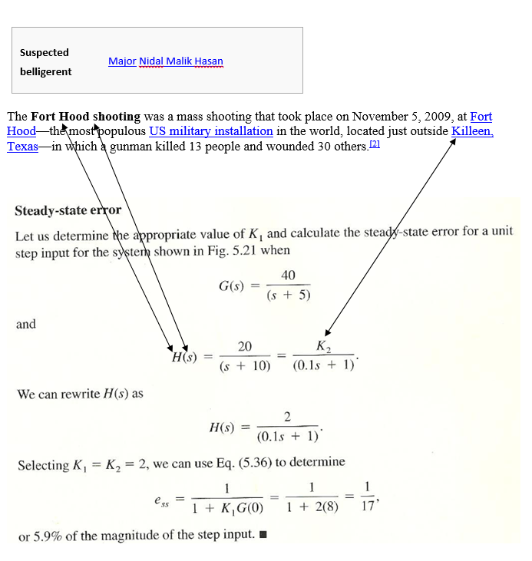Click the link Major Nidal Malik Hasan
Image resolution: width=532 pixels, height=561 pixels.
coord(166,61)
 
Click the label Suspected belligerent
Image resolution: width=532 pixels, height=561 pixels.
coord(45,62)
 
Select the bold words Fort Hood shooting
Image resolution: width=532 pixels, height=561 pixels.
coord(86,117)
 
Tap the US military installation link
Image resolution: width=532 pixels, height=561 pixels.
coord(211,131)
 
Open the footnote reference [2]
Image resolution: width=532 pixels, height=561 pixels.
coord(375,145)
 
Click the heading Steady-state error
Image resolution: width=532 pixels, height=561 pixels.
coord(68,210)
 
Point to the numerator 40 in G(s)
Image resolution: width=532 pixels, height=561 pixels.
coord(288,276)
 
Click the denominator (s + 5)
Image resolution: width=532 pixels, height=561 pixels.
coord(288,296)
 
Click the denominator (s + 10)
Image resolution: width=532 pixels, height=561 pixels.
coord(245,366)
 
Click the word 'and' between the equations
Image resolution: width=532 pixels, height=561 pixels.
coord(26,324)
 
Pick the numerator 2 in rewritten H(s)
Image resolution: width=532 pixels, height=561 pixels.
coord(287,417)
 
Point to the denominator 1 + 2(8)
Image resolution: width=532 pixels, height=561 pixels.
coord(312,508)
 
